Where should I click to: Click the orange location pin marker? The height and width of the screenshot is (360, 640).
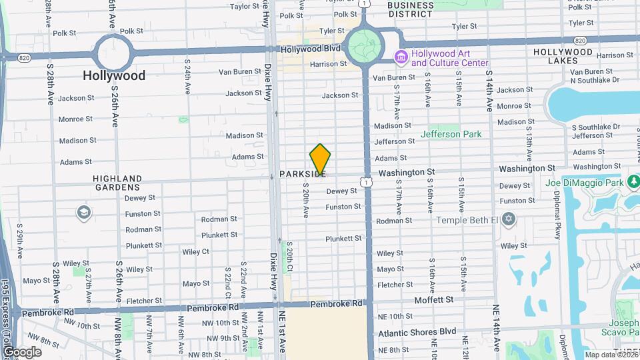click(x=320, y=159)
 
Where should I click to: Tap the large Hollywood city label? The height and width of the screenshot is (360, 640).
click(x=114, y=75)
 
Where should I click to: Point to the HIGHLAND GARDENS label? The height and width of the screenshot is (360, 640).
click(x=117, y=183)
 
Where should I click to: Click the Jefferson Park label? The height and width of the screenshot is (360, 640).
click(x=451, y=134)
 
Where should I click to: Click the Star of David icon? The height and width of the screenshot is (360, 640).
click(x=509, y=219)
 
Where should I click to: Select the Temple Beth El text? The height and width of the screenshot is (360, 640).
click(x=467, y=220)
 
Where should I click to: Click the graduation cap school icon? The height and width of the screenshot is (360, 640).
click(x=84, y=212)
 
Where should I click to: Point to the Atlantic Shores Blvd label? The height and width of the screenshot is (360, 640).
click(x=417, y=331)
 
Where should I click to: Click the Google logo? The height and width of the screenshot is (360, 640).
click(x=23, y=351)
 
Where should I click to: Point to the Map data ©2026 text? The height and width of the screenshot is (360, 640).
click(x=611, y=355)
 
